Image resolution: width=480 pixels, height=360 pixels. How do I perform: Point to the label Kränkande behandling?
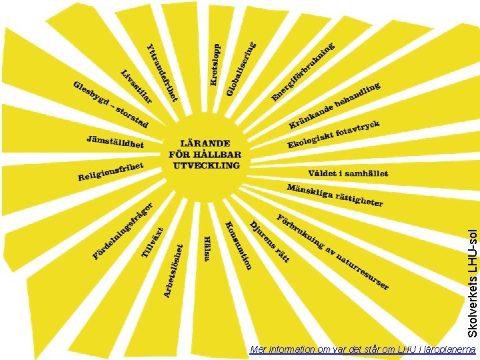[x=335, y=105]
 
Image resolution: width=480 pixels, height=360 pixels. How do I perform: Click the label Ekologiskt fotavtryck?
[x=333, y=135]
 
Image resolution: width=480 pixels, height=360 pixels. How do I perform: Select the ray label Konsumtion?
[x=238, y=245]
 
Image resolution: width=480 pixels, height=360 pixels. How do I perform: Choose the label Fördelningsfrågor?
[x=123, y=230]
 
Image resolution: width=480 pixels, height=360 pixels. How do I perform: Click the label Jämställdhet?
[x=115, y=141]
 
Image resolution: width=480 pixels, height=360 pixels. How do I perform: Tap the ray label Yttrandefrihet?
[x=162, y=72]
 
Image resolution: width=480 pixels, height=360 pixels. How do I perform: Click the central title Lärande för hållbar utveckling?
[x=205, y=154]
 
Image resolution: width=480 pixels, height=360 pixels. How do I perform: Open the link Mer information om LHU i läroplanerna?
[x=362, y=349]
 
